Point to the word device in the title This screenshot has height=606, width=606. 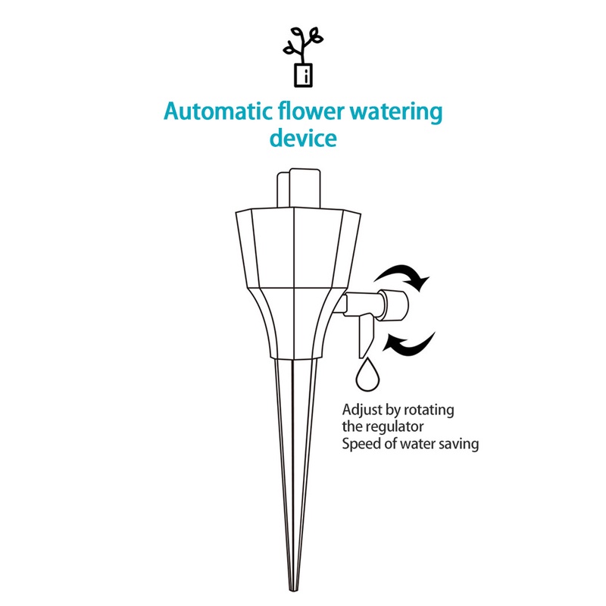pyautogui.click(x=303, y=139)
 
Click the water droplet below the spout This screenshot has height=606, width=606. pyautogui.click(x=370, y=374)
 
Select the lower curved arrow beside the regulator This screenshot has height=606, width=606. pyautogui.click(x=409, y=343)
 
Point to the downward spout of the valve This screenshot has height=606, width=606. pyautogui.click(x=362, y=333)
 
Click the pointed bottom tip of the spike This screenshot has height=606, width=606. pyautogui.click(x=295, y=588)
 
